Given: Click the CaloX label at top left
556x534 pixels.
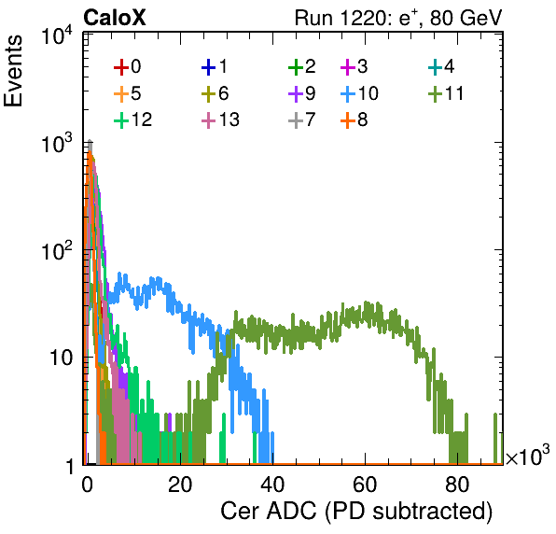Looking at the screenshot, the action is pyautogui.click(x=115, y=18).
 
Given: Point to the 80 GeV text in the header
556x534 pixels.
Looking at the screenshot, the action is pyautogui.click(x=466, y=18).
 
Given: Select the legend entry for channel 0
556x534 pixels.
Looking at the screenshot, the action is pyautogui.click(x=127, y=66).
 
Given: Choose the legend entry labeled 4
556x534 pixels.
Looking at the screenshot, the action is pyautogui.click(x=441, y=66).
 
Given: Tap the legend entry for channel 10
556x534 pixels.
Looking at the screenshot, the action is pyautogui.click(x=359, y=93).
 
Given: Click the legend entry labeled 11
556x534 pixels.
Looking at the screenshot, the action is pyautogui.click(x=446, y=93).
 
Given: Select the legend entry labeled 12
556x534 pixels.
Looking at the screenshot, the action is pyautogui.click(x=133, y=119).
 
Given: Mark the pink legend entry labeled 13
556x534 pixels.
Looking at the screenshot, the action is pyautogui.click(x=220, y=119).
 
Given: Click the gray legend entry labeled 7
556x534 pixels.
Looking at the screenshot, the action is pyautogui.click(x=301, y=119).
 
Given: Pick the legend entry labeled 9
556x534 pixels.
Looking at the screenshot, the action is pyautogui.click(x=301, y=93).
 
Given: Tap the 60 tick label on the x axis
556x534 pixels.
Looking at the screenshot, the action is pyautogui.click(x=365, y=485).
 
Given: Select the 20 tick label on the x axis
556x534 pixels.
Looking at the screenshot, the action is pyautogui.click(x=180, y=485).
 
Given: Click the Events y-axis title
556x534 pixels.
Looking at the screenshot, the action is pyautogui.click(x=13, y=71).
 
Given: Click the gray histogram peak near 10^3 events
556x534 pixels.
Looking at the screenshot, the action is pyautogui.click(x=90, y=143).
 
